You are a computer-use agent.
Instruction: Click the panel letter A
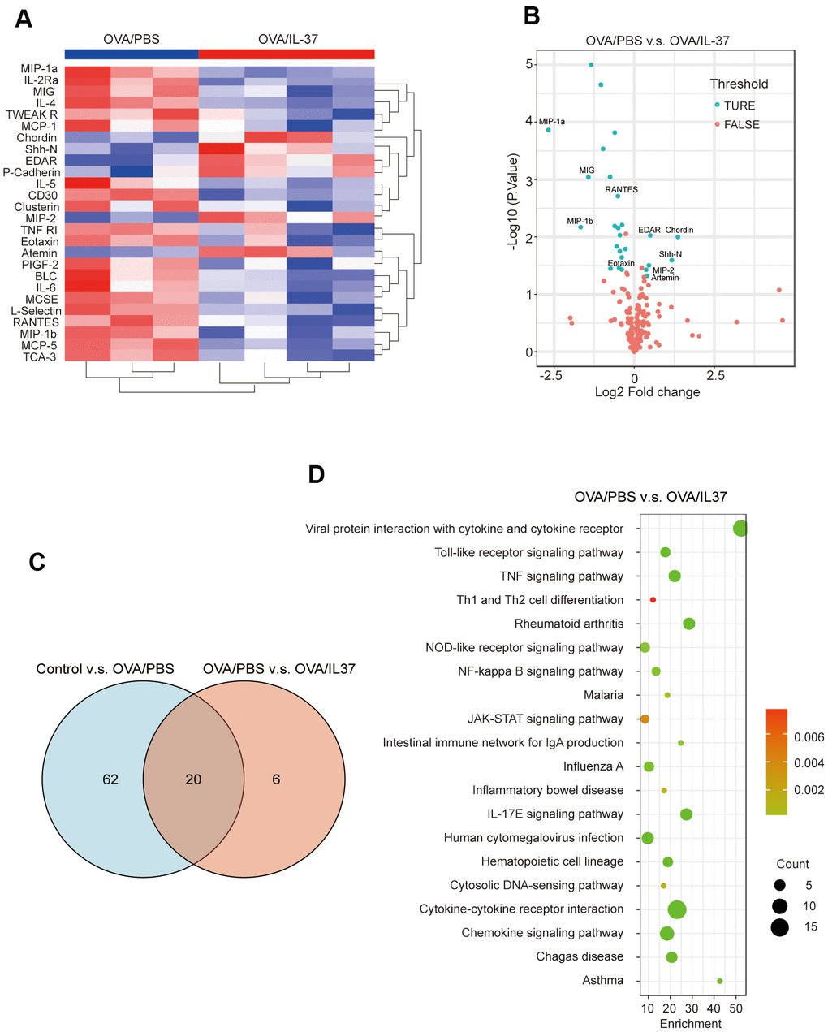click(x=24, y=18)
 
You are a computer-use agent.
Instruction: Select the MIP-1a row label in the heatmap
click(x=39, y=69)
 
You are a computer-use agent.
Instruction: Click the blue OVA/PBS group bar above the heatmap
click(x=132, y=54)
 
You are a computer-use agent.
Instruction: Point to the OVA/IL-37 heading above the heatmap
click(x=287, y=39)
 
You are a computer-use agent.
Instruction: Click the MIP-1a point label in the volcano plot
click(x=552, y=122)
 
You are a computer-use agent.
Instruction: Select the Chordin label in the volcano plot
click(x=679, y=230)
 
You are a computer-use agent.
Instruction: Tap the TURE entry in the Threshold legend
click(x=740, y=106)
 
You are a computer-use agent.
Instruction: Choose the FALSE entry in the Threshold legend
click(x=742, y=124)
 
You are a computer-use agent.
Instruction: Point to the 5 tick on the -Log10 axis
click(x=529, y=64)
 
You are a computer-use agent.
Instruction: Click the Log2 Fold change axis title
click(x=647, y=392)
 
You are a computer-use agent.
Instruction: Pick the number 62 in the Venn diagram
click(x=110, y=779)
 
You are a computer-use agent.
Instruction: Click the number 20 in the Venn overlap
click(x=193, y=779)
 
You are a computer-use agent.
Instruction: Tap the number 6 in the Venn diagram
click(x=276, y=779)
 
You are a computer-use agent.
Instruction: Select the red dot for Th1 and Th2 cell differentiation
click(x=653, y=600)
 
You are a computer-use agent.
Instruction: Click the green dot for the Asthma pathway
click(x=720, y=981)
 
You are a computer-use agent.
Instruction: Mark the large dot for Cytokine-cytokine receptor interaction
click(x=677, y=910)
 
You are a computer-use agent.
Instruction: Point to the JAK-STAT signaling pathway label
click(x=546, y=719)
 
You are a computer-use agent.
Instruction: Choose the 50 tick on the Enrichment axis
click(x=736, y=1008)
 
